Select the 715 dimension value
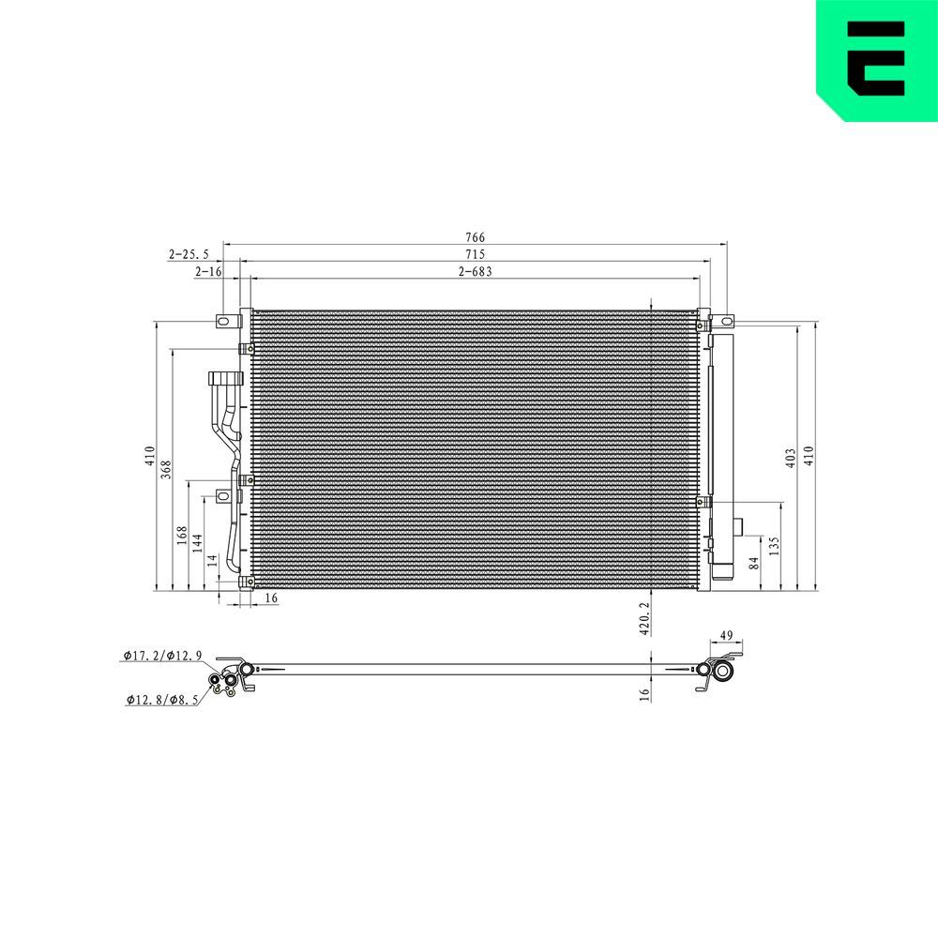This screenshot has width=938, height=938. pos(475,255)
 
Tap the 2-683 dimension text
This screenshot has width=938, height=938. pos(475,272)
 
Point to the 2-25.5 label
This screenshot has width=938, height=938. pos(189,254)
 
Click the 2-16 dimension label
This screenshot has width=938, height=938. pos(207,272)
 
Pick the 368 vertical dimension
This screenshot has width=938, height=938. pos(166,470)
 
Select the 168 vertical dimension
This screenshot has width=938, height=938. pos(181,536)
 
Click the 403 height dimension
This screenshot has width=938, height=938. pos(791,458)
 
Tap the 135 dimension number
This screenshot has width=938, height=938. pos(774,546)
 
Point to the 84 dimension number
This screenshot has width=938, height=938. pos(754,563)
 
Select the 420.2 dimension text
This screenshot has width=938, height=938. pos(644,614)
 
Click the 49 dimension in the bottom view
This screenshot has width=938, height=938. pos(726,636)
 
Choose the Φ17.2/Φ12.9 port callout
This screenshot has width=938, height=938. pos(161,656)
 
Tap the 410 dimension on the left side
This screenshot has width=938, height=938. pos(149,457)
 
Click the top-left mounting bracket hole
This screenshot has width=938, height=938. pos(223,323)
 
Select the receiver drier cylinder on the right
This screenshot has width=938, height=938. pos(722,450)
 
